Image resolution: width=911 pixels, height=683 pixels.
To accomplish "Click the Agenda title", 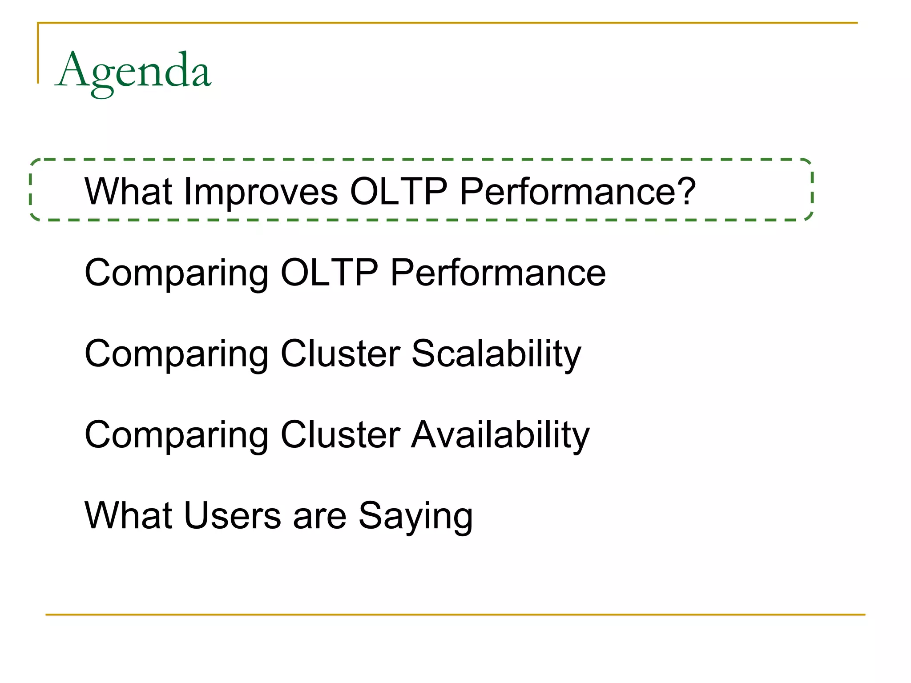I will (133, 71).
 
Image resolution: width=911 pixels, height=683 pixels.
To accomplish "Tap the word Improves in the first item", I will (261, 192).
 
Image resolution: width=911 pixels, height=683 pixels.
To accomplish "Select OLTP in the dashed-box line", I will (399, 192).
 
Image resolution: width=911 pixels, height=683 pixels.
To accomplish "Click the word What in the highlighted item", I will (128, 192).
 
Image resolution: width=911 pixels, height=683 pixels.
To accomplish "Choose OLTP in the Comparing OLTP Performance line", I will (329, 273).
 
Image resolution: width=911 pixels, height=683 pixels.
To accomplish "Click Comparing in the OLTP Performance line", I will (176, 273).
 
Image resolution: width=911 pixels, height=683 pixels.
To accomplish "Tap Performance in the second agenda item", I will (498, 273).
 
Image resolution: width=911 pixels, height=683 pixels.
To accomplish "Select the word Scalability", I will (496, 354).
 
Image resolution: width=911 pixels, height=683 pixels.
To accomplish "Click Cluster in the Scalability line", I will (340, 354).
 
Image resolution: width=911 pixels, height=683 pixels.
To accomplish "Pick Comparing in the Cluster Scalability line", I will (176, 354).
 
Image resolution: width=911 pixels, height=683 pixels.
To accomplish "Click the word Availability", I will (500, 435).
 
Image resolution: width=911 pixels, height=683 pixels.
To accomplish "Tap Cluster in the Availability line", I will (340, 434).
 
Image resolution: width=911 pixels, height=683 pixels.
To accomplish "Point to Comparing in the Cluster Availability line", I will (176, 435).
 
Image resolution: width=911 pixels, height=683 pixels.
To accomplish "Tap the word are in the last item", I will (319, 516).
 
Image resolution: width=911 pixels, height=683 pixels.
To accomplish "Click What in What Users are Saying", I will (128, 515).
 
